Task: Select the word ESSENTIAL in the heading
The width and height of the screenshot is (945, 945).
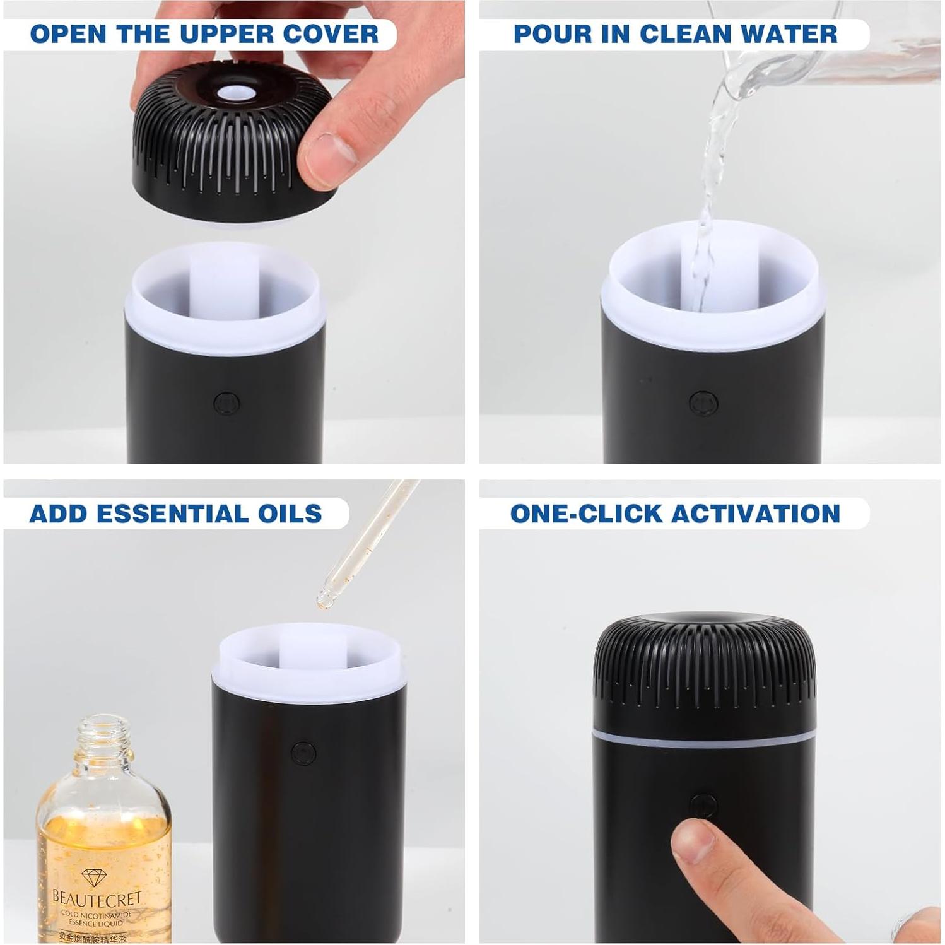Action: (173, 514)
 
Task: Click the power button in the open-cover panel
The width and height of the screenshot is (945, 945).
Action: (226, 402)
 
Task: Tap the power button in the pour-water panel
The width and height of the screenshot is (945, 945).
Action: (703, 402)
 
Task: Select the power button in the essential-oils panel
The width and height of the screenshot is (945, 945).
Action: (303, 753)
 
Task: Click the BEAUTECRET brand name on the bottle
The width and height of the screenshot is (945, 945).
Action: (97, 896)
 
